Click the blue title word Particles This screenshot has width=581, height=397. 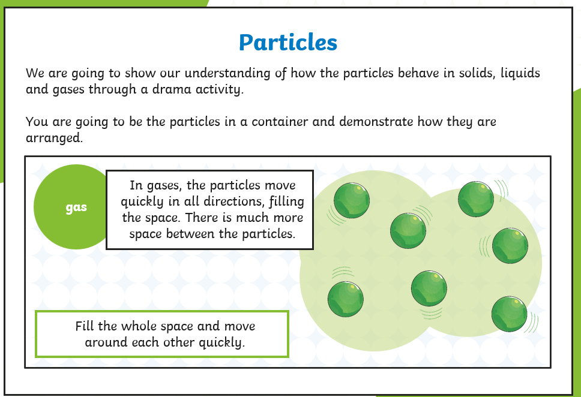click(288, 42)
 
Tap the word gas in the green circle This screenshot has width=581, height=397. click(76, 207)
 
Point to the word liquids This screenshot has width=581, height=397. click(520, 73)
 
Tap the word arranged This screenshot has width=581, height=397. click(54, 139)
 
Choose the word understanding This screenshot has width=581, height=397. click(227, 74)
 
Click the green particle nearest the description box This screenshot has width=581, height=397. click(352, 200)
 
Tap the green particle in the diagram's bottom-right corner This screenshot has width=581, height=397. click(510, 314)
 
